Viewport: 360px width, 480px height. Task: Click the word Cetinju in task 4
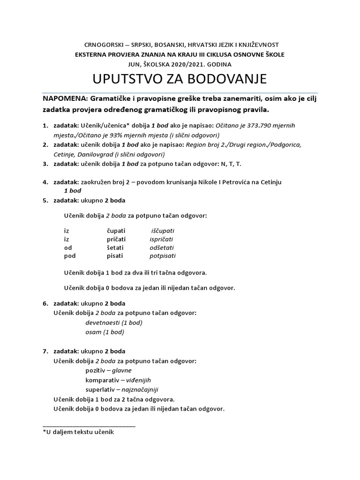270,182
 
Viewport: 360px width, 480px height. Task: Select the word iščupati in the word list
163,231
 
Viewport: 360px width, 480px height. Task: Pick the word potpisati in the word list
162,256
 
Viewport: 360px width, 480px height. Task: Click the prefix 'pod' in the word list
69,256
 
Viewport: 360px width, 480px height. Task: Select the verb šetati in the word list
117,247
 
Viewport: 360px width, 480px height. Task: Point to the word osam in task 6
93,332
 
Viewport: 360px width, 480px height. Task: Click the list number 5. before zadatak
45,201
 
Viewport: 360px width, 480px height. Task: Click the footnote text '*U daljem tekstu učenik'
78,432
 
